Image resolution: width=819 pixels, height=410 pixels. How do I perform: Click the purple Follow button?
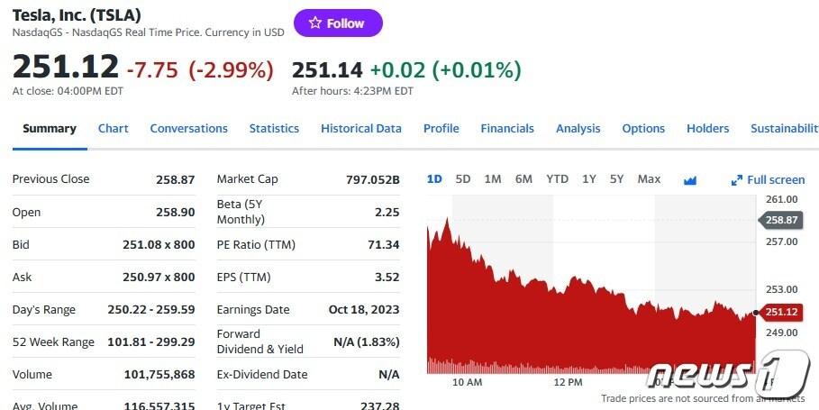point(338,23)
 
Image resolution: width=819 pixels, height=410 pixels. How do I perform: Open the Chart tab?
point(113,129)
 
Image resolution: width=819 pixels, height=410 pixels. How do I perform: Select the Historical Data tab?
point(361,129)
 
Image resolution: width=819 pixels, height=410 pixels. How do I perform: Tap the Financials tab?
point(507,129)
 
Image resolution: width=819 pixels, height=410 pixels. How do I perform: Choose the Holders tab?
point(707,129)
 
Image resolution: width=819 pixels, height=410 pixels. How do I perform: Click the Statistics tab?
point(274,129)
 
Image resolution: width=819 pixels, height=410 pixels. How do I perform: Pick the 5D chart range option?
point(463,179)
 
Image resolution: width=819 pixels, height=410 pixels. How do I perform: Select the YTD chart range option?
point(557,179)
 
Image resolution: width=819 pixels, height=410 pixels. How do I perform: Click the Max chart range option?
point(649,179)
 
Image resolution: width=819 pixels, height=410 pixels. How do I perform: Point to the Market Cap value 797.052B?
point(372,179)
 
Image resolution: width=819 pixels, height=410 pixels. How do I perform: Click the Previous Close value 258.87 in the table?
point(175,179)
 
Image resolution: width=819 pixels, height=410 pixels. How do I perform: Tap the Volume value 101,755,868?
point(159,374)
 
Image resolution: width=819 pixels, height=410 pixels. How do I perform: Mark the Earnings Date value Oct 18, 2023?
point(364,309)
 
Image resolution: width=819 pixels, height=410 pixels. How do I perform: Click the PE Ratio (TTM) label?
point(256,244)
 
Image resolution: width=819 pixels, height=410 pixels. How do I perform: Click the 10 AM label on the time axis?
point(468,382)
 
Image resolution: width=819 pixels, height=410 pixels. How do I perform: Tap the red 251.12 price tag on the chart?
point(781,313)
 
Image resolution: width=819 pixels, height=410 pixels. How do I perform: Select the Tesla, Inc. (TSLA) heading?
point(77,15)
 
